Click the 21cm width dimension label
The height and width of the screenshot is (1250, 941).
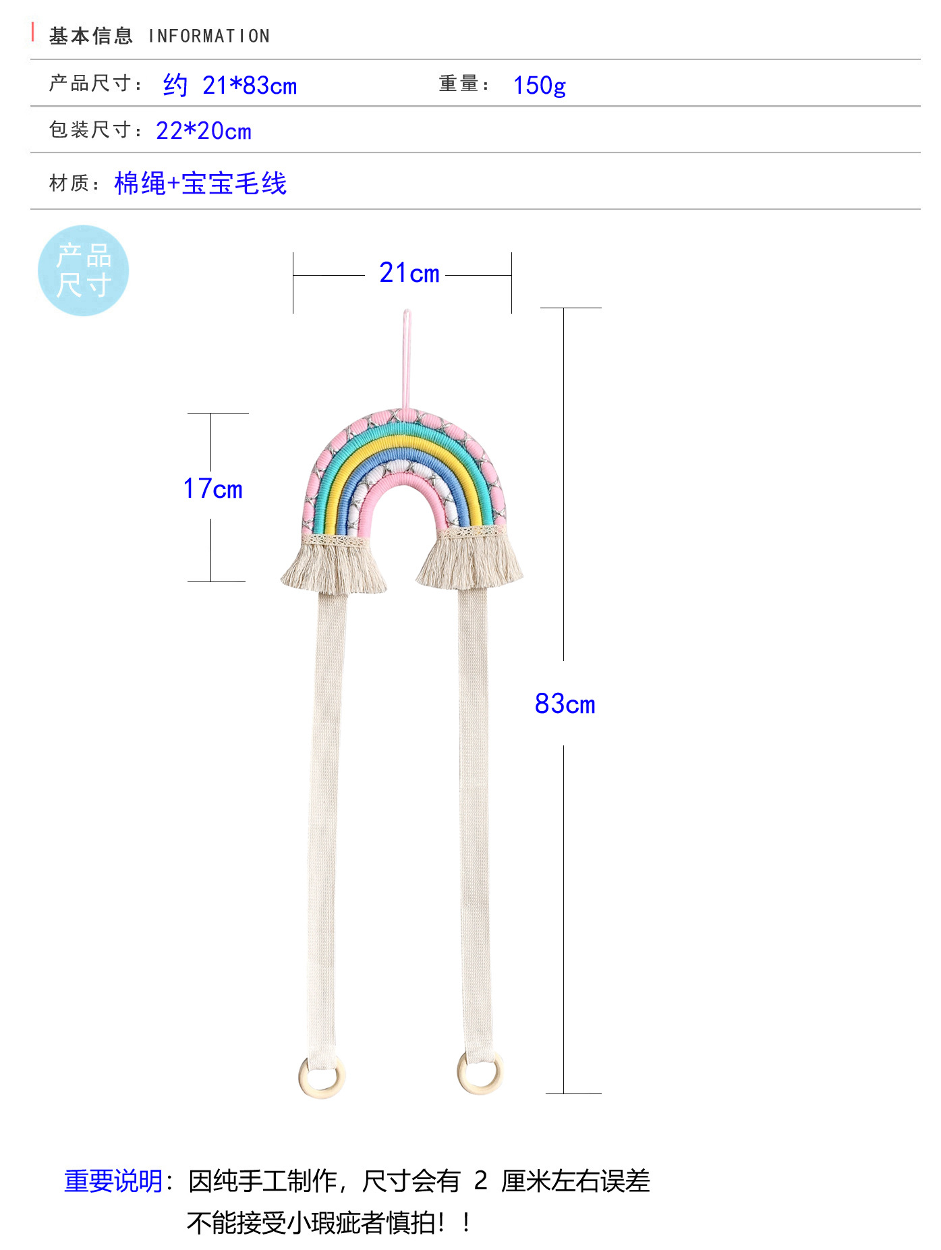409,273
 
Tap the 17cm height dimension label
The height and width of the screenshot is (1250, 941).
213,489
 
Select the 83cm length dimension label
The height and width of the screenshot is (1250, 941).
565,704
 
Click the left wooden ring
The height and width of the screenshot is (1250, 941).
322,1077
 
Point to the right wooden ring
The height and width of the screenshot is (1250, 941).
480,1074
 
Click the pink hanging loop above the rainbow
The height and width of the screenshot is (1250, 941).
407,358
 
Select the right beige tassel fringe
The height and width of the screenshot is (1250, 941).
470,564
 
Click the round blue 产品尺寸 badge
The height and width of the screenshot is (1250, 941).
83,271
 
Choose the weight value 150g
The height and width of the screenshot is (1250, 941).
539,86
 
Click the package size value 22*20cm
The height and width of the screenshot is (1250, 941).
204,131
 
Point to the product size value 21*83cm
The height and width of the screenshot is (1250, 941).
250,86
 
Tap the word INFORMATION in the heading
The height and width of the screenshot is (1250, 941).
209,36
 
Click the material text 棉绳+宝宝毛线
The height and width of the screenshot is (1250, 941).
201,183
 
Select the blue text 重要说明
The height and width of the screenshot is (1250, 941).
113,1181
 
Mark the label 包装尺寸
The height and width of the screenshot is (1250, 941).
91,130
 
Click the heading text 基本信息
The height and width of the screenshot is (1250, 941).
91,36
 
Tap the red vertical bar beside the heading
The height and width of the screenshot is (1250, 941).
33,32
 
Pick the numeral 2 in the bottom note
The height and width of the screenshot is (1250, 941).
480,1181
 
